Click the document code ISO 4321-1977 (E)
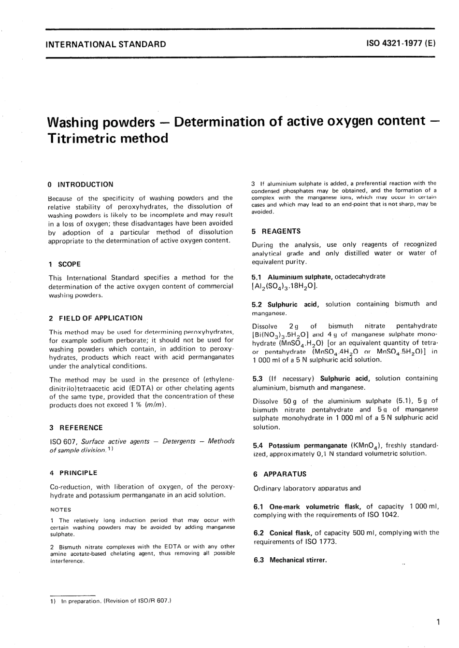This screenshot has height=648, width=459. [x=402, y=43]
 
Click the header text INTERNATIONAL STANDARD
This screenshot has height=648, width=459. [x=105, y=44]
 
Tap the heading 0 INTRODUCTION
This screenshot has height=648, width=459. [x=81, y=184]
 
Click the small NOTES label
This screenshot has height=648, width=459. [x=60, y=509]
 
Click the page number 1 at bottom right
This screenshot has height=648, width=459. [x=437, y=622]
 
